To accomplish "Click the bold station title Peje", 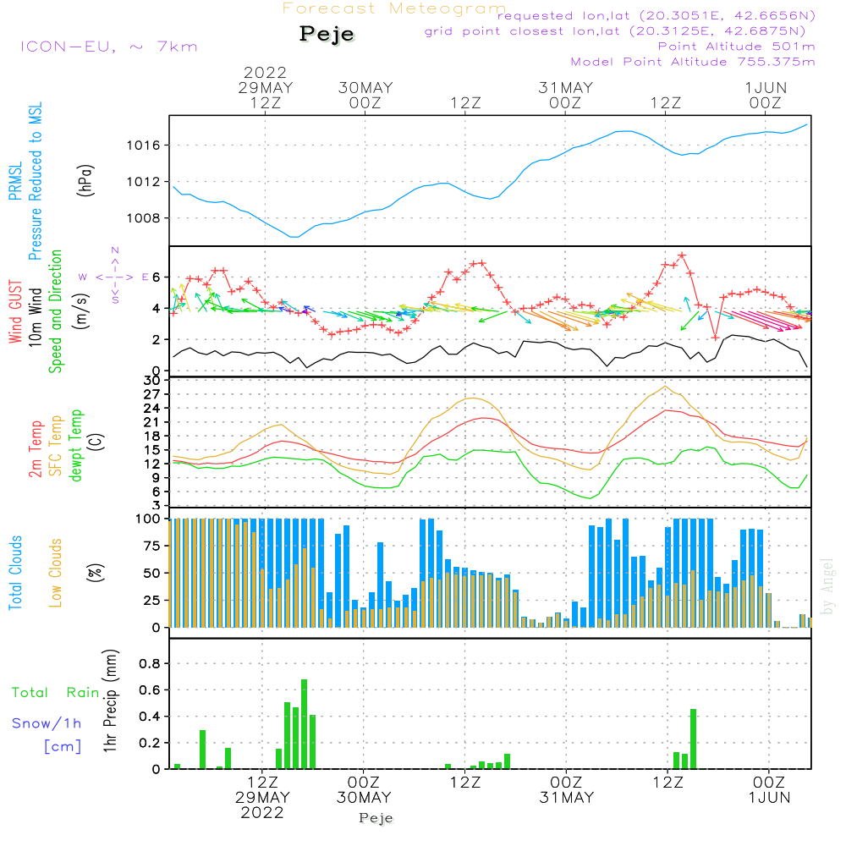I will tap(327, 34).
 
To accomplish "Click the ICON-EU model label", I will tap(108, 47).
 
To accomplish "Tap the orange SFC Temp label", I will tap(56, 446).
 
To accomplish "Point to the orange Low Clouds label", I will tap(56, 573).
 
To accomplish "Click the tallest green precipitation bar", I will tap(304, 723).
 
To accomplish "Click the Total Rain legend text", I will tap(55, 693).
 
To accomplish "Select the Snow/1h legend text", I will tap(47, 723).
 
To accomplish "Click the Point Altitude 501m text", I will tap(736, 46).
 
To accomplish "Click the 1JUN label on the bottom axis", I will tap(768, 797).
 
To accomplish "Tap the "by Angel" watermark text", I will tap(828, 586).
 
